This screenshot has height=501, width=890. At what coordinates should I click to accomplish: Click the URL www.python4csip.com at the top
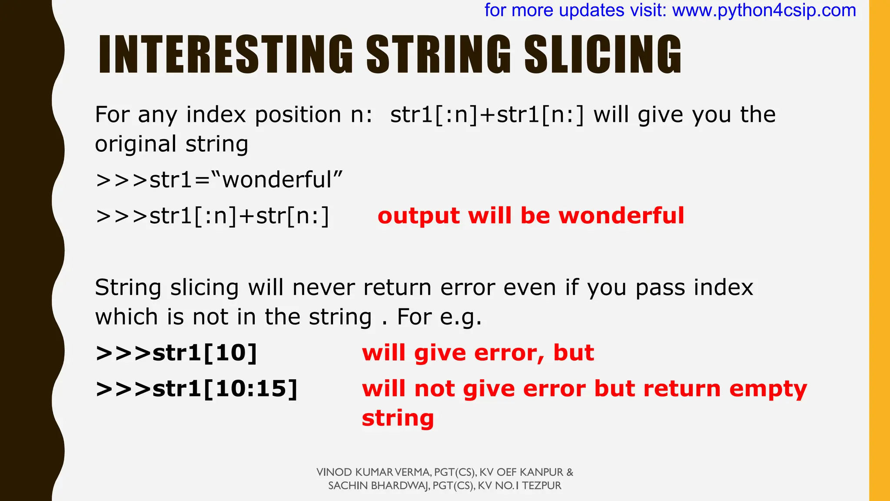tap(764, 10)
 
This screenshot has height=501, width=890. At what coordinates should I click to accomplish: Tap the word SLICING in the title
tap(603, 54)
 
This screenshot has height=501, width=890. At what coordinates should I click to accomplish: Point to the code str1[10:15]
tap(225, 388)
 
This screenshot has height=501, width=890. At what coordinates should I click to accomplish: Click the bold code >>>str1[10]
tap(176, 353)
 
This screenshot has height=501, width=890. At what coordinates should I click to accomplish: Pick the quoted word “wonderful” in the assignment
tap(277, 180)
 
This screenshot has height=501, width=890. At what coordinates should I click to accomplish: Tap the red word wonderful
tap(621, 216)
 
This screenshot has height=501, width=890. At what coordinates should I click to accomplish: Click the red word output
tap(418, 216)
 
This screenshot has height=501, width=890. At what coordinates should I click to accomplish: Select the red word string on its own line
tap(398, 418)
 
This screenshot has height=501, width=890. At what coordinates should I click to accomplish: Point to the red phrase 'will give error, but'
tap(478, 353)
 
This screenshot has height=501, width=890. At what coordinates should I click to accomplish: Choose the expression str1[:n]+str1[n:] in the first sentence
tap(487, 115)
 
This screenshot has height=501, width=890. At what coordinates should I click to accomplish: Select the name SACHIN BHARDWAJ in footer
tap(379, 486)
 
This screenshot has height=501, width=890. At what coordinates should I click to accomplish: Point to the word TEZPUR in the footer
tap(541, 486)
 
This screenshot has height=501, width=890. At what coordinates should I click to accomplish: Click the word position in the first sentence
tap(298, 115)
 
